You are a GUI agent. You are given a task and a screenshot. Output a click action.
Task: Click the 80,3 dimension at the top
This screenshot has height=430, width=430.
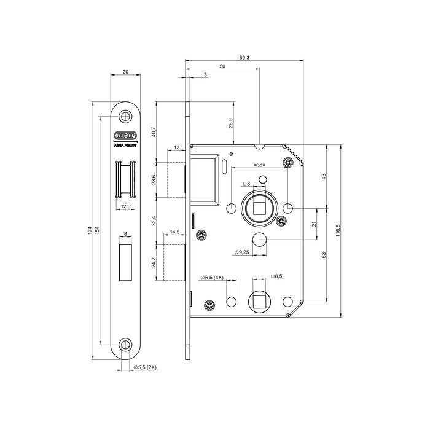(244, 57)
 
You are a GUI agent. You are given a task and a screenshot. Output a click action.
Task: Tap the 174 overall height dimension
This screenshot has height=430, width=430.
(90, 230)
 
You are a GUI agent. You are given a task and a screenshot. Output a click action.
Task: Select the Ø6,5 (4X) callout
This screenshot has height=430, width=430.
(213, 278)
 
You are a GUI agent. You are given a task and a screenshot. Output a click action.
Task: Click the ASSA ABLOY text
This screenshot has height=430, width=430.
(125, 147)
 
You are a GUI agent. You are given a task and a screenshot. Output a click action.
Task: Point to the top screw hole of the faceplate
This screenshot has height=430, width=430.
(126, 116)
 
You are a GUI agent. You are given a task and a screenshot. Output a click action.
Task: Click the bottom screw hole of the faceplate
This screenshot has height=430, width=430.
(126, 345)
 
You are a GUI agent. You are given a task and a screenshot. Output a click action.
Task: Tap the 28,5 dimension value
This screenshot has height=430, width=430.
(231, 123)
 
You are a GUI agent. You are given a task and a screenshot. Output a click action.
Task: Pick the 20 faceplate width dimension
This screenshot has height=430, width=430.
(126, 72)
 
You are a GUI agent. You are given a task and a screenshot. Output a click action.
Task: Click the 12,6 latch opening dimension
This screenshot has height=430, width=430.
(125, 206)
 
